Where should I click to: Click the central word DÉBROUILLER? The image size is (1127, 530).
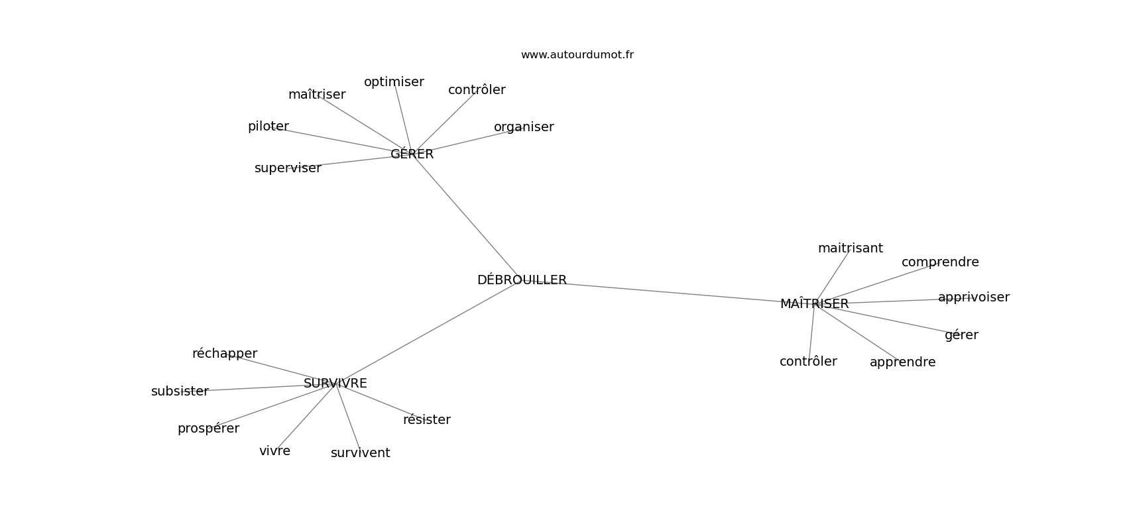(x=522, y=280)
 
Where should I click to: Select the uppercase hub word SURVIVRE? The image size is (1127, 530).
(x=335, y=384)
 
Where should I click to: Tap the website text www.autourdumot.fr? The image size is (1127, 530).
(x=577, y=55)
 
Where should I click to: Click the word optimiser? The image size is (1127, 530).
(x=394, y=82)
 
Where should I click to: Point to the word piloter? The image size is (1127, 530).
(x=268, y=127)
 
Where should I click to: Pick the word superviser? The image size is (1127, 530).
(x=288, y=168)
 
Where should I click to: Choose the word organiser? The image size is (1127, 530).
(x=524, y=127)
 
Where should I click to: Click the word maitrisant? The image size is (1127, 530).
(x=851, y=248)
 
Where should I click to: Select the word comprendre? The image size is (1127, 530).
(x=940, y=262)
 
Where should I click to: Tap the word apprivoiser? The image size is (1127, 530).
(x=974, y=297)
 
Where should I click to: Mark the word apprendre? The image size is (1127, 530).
(x=903, y=362)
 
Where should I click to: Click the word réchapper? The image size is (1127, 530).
(x=225, y=354)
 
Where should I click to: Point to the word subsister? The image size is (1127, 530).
(x=180, y=392)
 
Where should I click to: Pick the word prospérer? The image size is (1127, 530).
(x=208, y=429)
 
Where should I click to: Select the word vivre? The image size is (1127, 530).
(x=274, y=451)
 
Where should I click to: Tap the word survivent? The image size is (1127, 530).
(x=361, y=453)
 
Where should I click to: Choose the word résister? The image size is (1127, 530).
(x=427, y=420)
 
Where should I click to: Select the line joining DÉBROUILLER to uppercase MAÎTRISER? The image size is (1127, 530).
(x=673, y=292)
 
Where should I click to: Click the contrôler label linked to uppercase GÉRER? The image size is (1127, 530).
(x=477, y=90)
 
